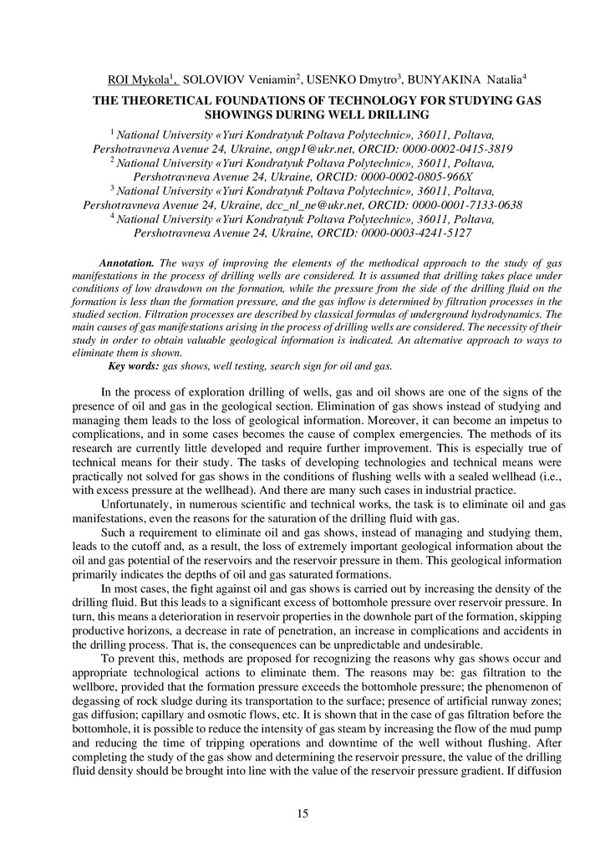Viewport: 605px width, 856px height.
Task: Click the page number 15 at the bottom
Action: [302, 813]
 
